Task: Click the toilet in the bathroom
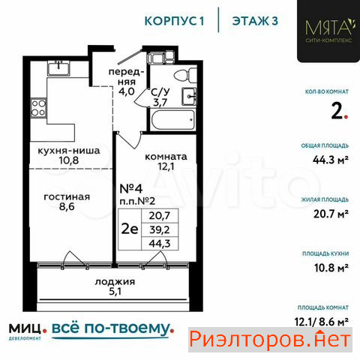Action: click(185, 75)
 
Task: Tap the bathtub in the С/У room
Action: click(172, 120)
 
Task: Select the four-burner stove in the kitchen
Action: click(38, 108)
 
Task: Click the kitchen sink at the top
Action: click(58, 68)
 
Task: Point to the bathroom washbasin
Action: click(189, 96)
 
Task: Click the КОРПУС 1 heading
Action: click(174, 21)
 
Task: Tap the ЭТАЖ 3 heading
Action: click(255, 21)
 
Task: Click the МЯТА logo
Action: click(328, 31)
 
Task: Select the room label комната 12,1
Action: click(166, 161)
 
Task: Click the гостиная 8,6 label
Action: click(67, 202)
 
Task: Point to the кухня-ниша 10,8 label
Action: click(69, 155)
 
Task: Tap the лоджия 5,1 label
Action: click(115, 286)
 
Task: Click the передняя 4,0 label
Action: click(126, 82)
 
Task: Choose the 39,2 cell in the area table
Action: click(160, 229)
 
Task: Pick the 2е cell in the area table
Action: click(130, 229)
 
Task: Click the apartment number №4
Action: click(131, 189)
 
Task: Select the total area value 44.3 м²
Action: click(331, 160)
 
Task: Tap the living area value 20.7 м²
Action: click(331, 214)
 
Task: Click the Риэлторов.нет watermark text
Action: click(270, 340)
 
